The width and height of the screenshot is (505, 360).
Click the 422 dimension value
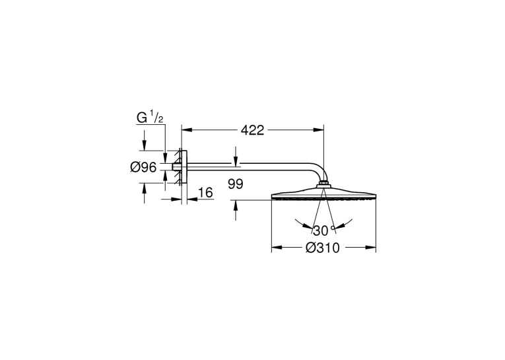(x=252, y=130)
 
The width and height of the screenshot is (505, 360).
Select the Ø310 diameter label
(x=322, y=248)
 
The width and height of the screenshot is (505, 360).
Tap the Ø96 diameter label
(x=143, y=167)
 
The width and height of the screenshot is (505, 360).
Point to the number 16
(x=205, y=193)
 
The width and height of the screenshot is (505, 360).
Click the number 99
(x=236, y=184)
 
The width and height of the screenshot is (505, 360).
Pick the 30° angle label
(x=323, y=231)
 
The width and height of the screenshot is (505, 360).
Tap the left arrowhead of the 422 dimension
(x=187, y=130)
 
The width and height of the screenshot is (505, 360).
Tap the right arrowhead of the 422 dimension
(x=319, y=130)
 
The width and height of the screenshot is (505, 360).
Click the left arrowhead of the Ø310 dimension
(x=277, y=248)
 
